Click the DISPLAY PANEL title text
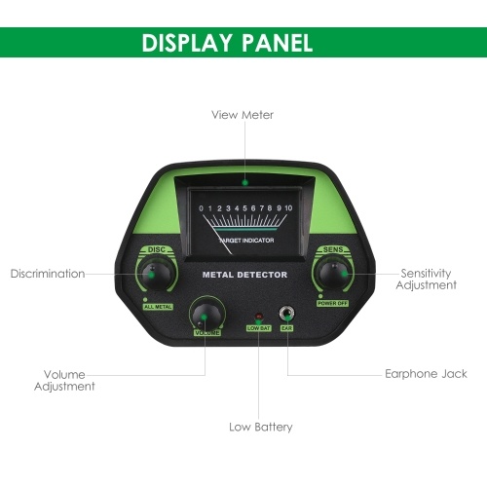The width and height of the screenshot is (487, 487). tap(227, 43)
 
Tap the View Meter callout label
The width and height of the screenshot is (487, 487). tap(243, 115)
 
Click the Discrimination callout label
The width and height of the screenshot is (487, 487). tap(48, 274)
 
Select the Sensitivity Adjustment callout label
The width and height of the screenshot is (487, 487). tap(426, 279)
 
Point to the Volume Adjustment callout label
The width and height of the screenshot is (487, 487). tap(64, 380)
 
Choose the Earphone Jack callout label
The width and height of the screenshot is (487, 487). tap(426, 374)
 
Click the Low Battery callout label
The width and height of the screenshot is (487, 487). tap(261, 427)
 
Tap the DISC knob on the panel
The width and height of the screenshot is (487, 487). tap(157, 275)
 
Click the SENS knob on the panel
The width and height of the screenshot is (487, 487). tap(333, 274)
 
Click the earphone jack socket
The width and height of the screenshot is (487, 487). tap(286, 314)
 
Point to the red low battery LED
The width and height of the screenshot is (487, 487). tap(259, 316)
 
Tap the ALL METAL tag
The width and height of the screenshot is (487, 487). tap(158, 307)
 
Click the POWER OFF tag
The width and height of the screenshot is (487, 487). tap(333, 303)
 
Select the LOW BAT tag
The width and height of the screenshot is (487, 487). tap(258, 328)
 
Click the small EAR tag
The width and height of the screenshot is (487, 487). tap(286, 328)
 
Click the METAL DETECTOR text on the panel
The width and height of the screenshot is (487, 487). tap(244, 275)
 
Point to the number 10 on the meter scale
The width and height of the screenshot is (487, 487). tap(288, 208)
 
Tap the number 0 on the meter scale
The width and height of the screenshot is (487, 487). tap(202, 208)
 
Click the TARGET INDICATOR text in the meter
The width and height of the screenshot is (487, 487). tap(246, 241)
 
